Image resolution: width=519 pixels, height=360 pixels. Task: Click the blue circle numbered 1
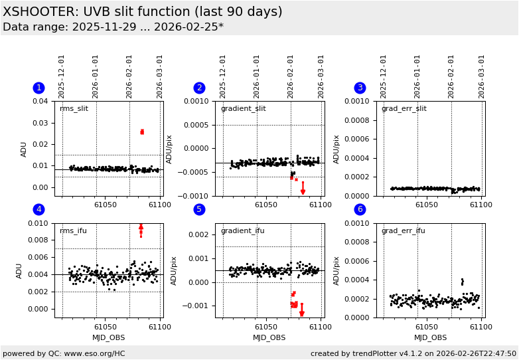(38, 88)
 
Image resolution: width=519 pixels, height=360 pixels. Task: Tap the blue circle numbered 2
(199, 88)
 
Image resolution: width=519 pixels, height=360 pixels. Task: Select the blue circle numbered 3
(360, 88)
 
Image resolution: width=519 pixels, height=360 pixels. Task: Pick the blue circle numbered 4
(38, 209)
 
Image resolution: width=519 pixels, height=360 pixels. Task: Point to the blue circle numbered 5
(199, 209)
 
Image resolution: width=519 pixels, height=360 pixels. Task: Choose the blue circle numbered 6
(360, 209)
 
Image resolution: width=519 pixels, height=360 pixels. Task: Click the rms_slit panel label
(74, 109)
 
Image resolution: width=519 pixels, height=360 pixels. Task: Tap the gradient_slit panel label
(243, 109)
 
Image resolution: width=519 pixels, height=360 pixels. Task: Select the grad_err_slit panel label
(404, 109)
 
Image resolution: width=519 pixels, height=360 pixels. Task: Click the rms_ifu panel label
(73, 231)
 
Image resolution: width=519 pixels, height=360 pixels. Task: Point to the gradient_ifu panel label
(242, 231)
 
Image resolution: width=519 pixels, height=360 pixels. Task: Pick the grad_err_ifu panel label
(403, 231)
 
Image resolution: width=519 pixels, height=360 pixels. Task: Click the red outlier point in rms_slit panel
(141, 132)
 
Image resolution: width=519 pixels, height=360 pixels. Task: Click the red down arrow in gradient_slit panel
(303, 191)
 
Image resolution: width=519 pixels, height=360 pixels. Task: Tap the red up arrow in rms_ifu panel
(141, 228)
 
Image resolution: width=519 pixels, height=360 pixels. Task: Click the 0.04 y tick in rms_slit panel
(40, 102)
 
